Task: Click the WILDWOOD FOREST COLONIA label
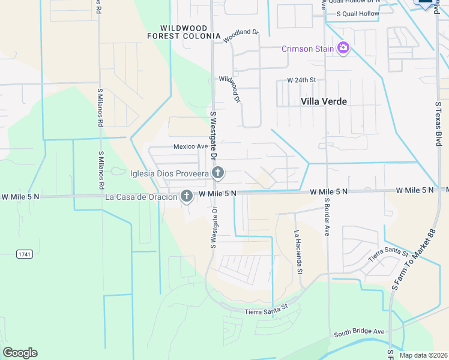click(184, 32)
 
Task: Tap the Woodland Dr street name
click(241, 36)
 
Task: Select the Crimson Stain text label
click(308, 48)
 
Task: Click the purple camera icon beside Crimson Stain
click(343, 48)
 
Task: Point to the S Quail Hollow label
click(358, 13)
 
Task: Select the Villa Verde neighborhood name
click(324, 101)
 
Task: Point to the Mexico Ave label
click(190, 146)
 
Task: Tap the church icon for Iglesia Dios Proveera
click(218, 173)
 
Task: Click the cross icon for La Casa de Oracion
click(187, 196)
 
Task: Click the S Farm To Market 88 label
click(413, 265)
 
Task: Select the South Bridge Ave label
click(359, 332)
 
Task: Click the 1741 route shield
click(24, 254)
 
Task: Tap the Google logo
click(20, 353)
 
